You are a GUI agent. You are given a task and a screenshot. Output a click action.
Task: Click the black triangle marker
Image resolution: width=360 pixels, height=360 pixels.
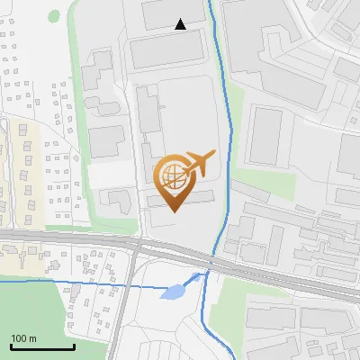tap(181, 24)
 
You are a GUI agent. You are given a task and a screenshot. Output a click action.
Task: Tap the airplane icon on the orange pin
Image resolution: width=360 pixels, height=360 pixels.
tap(197, 163)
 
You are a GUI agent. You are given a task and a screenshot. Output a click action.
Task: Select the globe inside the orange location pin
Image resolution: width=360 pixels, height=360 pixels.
tap(175, 177)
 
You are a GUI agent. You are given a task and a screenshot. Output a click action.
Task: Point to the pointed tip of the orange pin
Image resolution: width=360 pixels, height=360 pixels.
tap(175, 212)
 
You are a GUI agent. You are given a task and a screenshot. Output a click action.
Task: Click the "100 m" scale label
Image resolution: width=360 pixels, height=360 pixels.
tap(23, 338)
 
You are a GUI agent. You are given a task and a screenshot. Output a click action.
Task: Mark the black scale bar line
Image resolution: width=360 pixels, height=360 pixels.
tap(42, 347)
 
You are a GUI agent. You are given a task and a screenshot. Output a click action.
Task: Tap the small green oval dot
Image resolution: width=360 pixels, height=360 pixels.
tap(54, 16)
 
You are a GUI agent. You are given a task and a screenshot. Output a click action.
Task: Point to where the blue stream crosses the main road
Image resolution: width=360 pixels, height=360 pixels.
tap(211, 261)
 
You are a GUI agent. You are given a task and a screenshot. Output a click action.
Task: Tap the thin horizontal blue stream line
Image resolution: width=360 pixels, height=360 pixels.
tap(72, 283)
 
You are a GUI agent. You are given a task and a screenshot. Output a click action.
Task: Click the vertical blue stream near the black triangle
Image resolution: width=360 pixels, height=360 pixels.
tap(215, 36)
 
